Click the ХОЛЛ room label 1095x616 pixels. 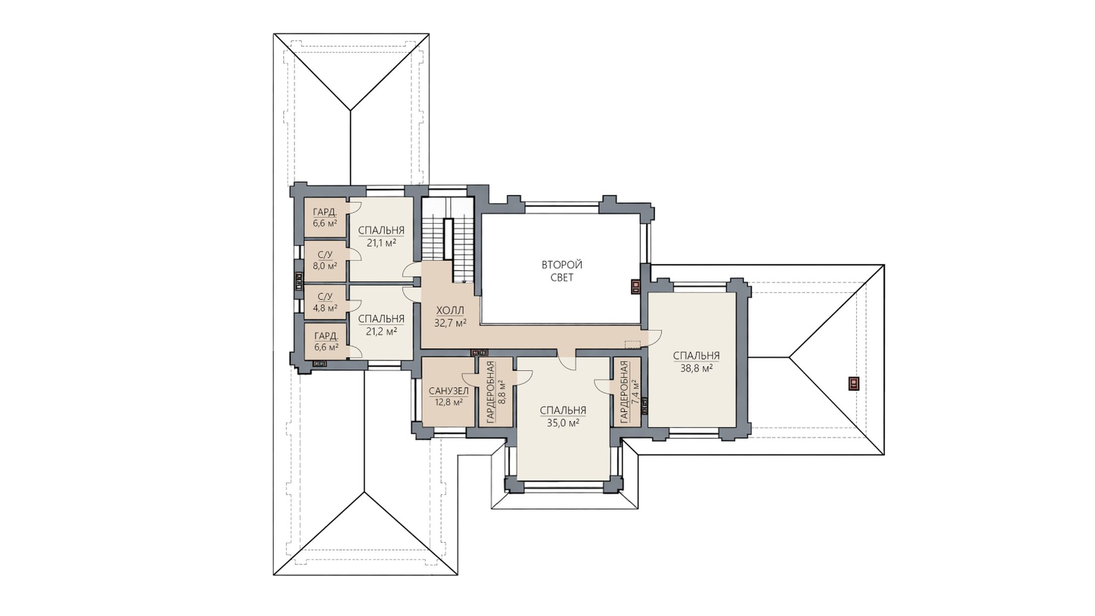point(450,311)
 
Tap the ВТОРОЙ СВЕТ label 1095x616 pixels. point(562,271)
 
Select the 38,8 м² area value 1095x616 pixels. point(696,369)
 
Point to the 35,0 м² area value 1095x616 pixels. point(563,423)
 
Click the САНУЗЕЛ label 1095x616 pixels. point(448,391)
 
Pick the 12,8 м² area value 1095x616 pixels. point(449,402)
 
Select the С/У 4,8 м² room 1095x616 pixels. point(325,303)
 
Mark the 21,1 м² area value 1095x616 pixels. point(381,243)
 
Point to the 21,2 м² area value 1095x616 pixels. point(381,331)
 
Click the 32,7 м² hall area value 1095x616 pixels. point(450,323)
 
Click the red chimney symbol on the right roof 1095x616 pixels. point(854,383)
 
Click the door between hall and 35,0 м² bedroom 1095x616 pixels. point(566,359)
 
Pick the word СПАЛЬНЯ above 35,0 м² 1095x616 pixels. point(563,411)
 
